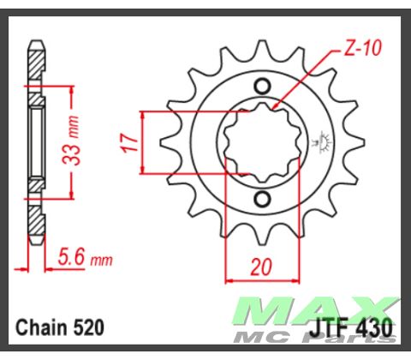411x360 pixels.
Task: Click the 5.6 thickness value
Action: point(72,256)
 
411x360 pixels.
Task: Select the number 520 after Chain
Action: point(89,327)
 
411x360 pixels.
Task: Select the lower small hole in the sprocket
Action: point(262,200)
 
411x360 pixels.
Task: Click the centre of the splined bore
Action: point(261,141)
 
